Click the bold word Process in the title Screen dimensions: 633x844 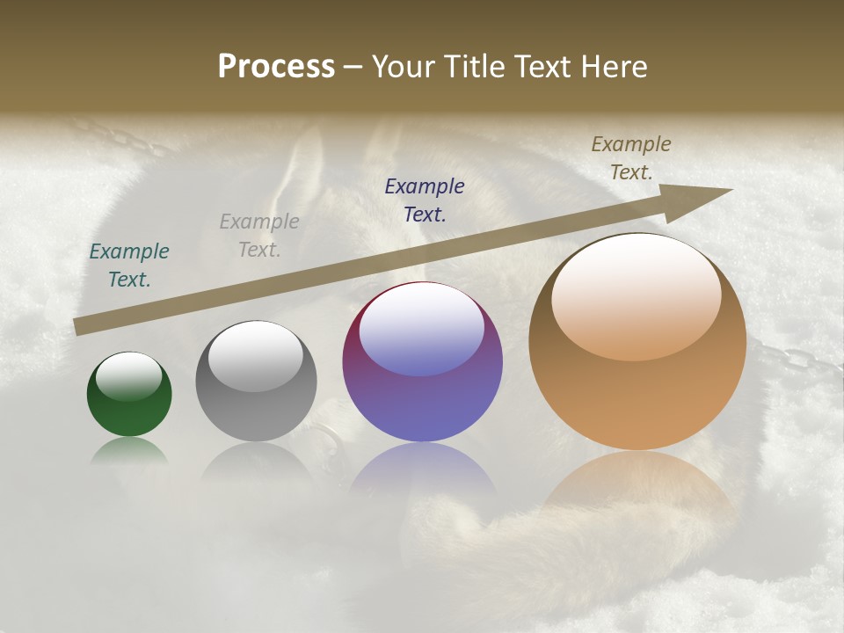(276, 67)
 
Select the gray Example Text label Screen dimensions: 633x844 (259, 236)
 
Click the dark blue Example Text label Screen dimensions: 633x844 (425, 200)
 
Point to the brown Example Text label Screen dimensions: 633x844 (631, 158)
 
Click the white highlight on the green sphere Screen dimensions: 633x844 (129, 376)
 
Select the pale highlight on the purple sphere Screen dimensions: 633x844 (422, 330)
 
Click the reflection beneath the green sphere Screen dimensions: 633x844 (129, 451)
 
